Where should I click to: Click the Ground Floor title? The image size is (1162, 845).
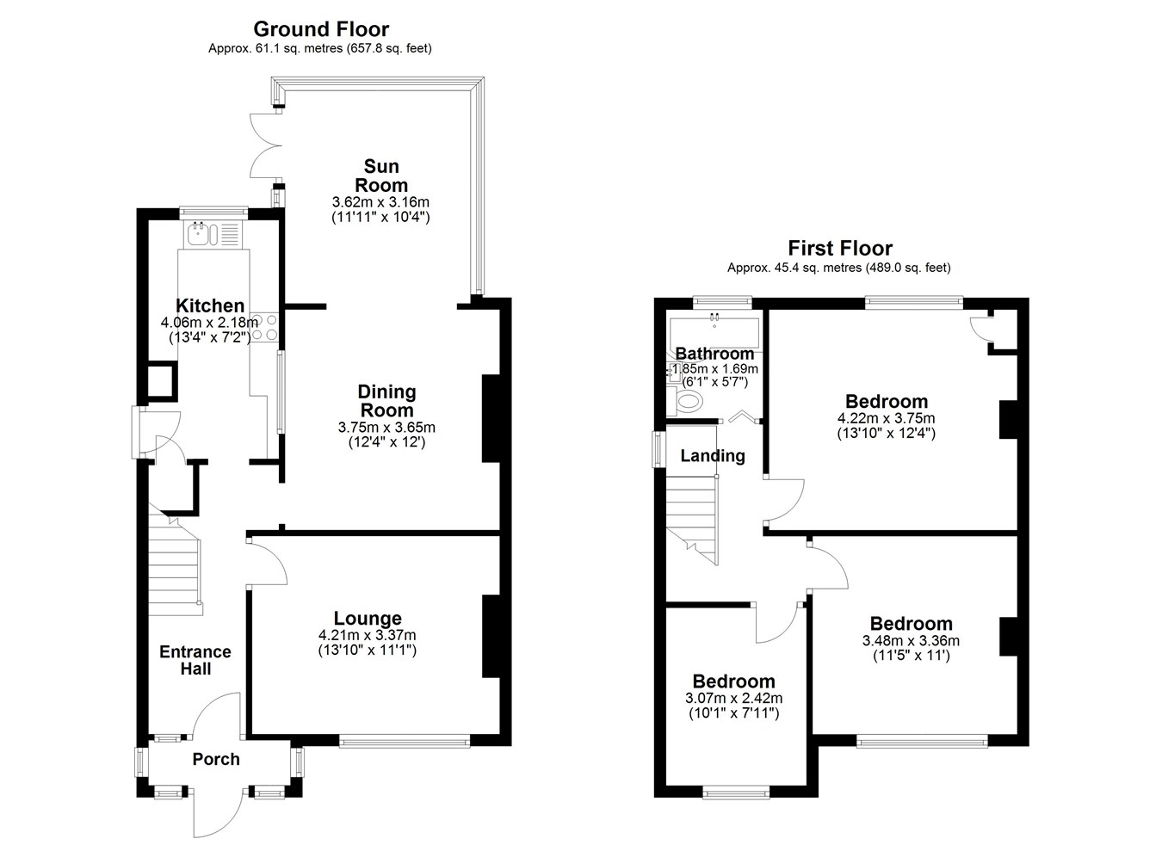point(320,30)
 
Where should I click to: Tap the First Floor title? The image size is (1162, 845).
point(838,249)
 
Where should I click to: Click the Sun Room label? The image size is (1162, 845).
point(381,176)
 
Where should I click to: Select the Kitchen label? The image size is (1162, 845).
point(210,305)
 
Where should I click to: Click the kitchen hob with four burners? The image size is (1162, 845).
point(265,326)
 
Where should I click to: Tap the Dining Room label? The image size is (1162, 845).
point(386,401)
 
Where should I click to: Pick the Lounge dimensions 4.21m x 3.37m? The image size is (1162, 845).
point(368,635)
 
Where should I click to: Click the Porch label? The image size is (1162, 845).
point(216,759)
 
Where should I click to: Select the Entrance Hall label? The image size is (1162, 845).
point(195,660)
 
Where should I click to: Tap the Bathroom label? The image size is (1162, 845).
point(714,354)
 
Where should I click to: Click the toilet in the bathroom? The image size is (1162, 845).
point(689,401)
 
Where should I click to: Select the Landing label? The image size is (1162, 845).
point(713,456)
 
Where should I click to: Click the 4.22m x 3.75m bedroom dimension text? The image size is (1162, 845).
point(887,418)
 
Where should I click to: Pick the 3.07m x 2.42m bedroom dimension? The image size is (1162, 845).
point(734,699)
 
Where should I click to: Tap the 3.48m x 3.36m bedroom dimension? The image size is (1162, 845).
point(911,640)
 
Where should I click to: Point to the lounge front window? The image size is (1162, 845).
point(405,741)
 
